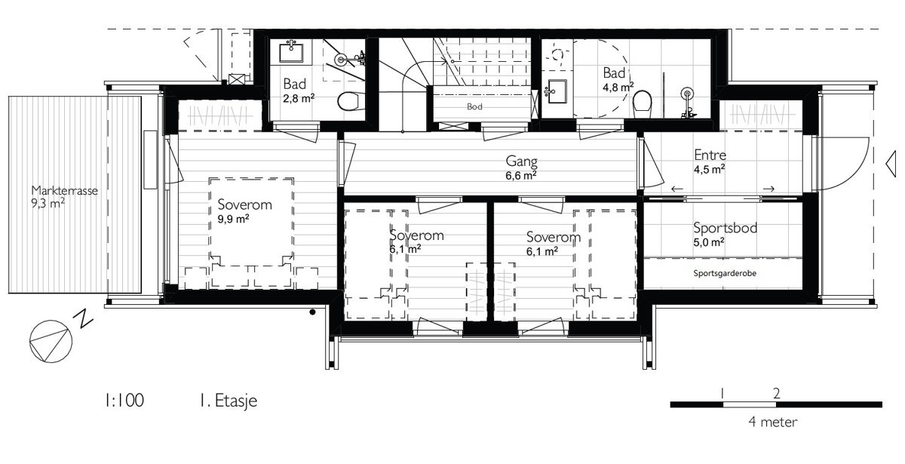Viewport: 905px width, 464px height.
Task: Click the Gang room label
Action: click(520, 161)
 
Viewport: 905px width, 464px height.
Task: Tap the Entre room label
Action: click(710, 156)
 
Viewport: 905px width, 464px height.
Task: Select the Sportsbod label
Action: click(726, 229)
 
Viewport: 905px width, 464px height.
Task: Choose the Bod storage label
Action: click(474, 107)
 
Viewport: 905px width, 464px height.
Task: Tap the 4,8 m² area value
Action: click(616, 86)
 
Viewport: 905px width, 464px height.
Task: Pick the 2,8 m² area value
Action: click(299, 97)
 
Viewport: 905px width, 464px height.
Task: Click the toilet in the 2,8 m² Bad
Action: click(348, 100)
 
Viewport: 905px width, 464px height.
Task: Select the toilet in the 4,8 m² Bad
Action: click(643, 101)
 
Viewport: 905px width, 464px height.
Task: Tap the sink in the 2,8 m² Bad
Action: click(291, 52)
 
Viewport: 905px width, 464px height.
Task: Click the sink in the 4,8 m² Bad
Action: click(557, 91)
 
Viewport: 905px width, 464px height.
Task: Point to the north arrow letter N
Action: click(85, 320)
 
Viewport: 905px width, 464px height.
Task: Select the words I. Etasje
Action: click(224, 400)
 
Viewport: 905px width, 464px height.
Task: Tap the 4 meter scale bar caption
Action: click(773, 422)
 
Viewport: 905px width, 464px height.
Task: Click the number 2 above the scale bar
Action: click(776, 392)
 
